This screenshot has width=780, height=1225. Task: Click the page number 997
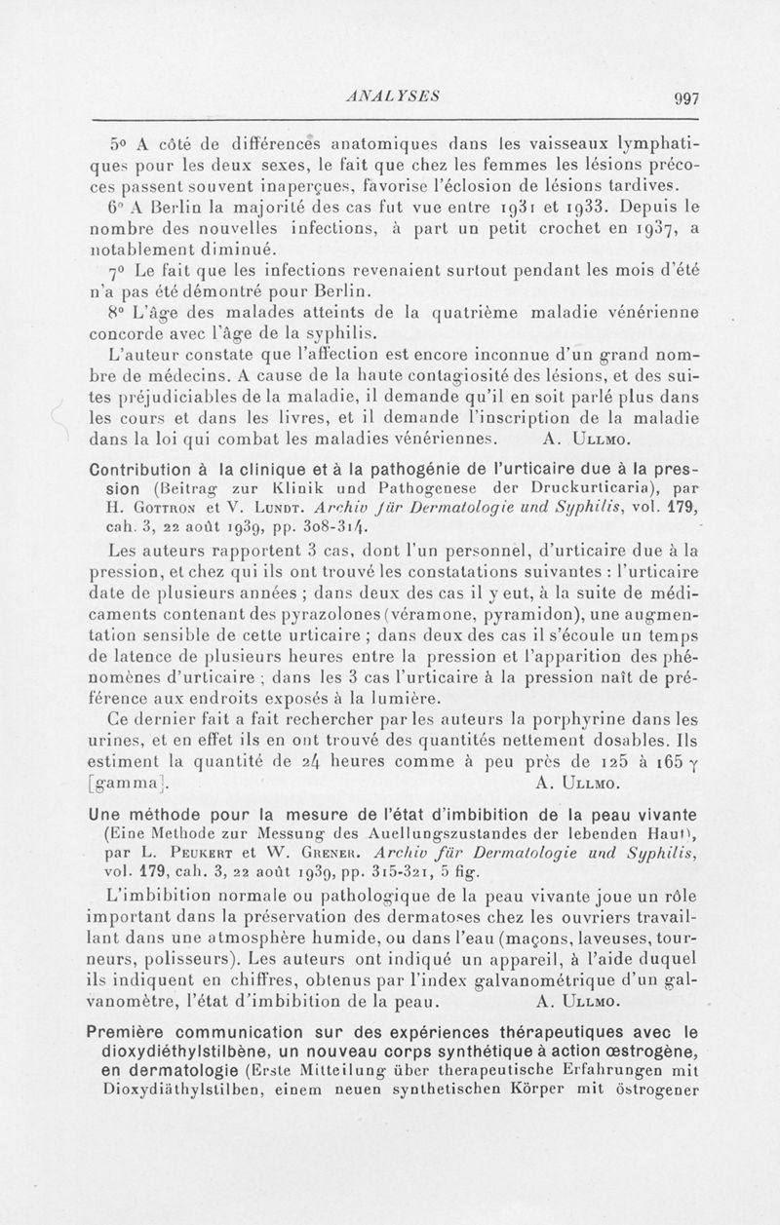(x=672, y=98)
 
